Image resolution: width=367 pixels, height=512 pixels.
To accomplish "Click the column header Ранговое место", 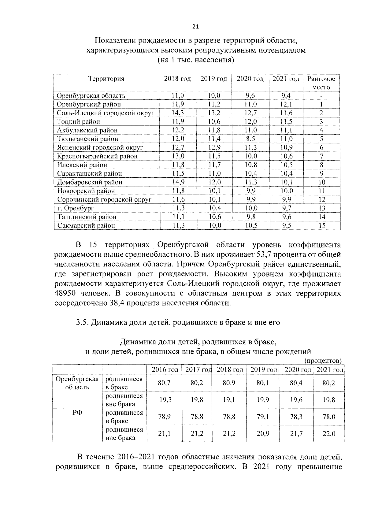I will (321, 83).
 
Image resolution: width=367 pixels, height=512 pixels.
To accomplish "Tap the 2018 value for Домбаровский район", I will (178, 182).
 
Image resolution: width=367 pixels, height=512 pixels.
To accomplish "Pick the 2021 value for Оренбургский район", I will (286, 104).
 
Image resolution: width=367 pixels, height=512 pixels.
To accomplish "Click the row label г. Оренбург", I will (75, 208).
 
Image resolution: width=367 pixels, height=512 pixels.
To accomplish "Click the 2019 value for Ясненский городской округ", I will (214, 148).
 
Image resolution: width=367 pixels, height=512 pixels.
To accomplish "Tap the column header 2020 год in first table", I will (250, 79).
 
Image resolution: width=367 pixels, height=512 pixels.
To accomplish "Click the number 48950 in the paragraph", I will (65, 293).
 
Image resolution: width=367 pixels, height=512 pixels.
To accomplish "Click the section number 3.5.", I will (82, 322).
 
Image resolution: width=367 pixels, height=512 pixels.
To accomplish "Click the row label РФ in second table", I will (77, 413).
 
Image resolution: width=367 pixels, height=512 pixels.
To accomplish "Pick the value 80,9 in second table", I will (229, 383).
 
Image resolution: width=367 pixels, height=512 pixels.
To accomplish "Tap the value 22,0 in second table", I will (329, 433).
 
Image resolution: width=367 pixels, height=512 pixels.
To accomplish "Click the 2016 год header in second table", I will (165, 369).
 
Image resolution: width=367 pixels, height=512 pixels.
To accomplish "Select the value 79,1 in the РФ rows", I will (263, 417).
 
